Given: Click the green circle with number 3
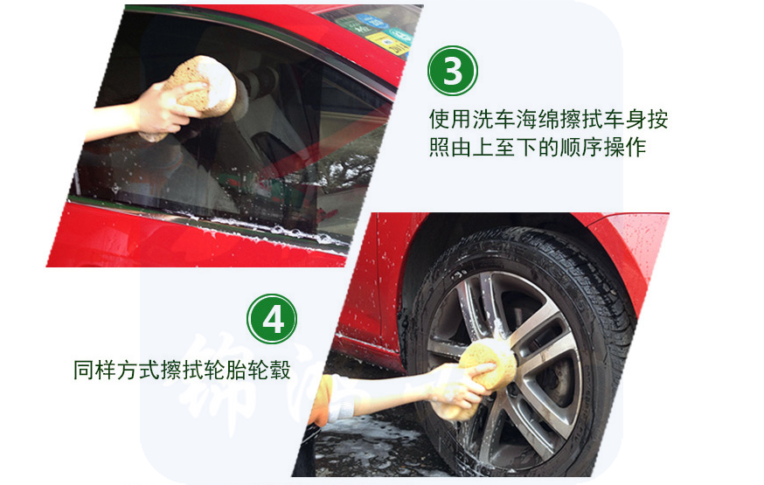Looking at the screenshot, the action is point(453,71).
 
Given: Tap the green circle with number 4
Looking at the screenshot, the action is point(272,320).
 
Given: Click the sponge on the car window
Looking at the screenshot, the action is point(201,87).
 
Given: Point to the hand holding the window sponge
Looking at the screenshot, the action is point(166,108).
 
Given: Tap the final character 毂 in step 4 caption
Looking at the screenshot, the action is point(281,370).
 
